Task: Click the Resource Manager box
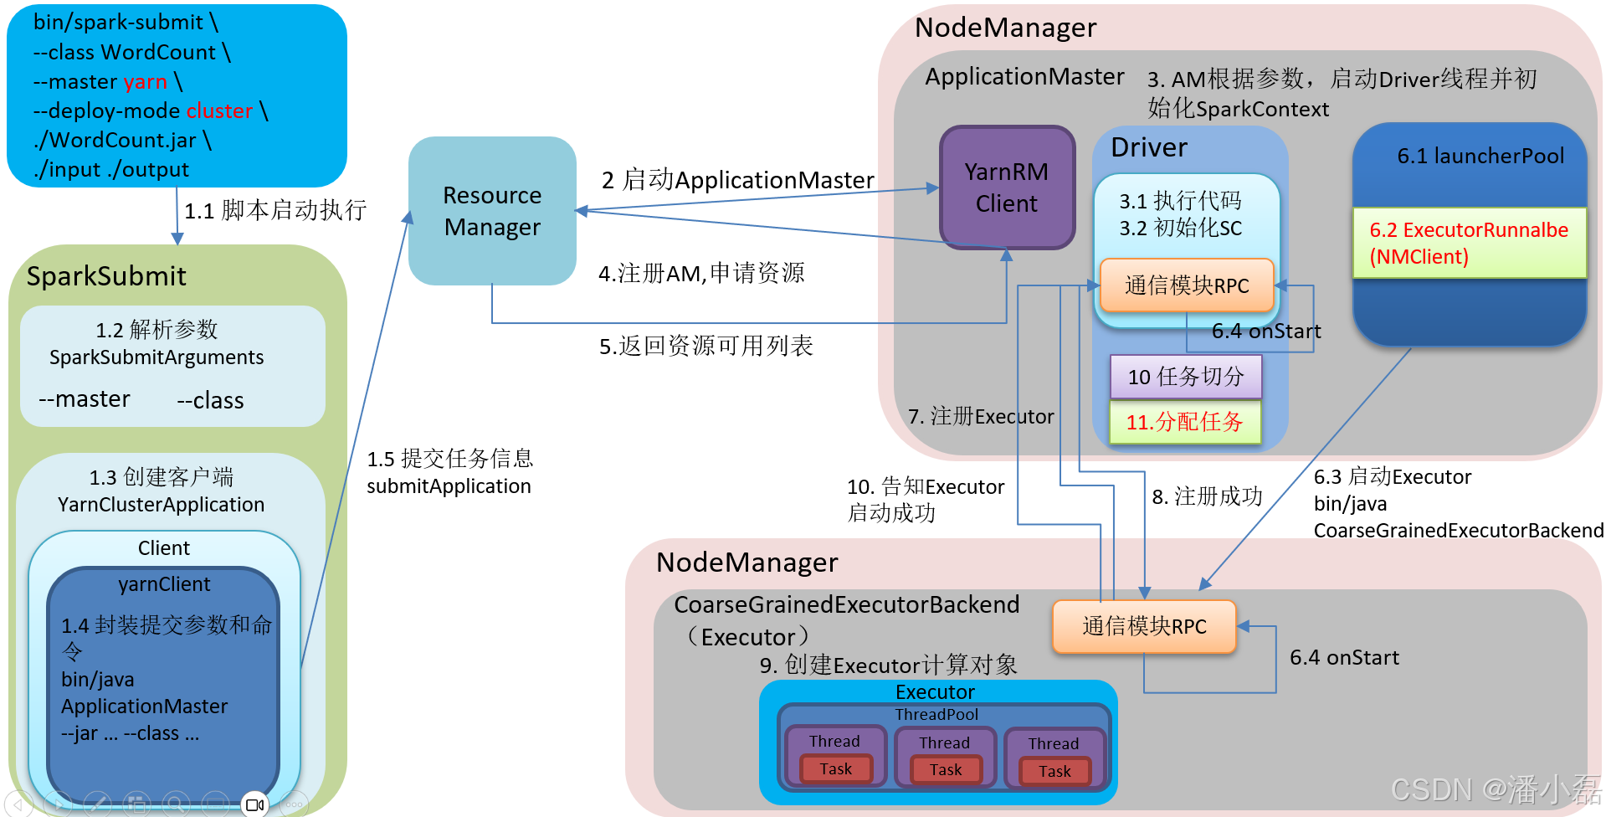[492, 211]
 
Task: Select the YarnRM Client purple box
[1007, 188]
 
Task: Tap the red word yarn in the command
[145, 81]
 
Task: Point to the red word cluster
[219, 110]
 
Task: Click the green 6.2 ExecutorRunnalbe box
[1470, 243]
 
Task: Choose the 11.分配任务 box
[1184, 422]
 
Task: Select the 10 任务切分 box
[1185, 377]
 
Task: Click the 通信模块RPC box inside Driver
[1187, 285]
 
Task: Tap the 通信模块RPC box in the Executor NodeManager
[1144, 626]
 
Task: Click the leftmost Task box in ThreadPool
[835, 768]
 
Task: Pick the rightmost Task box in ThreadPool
[1054, 771]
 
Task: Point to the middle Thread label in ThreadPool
[944, 742]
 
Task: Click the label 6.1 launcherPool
[1480, 156]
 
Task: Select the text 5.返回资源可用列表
[706, 346]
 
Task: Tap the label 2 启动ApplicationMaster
[737, 180]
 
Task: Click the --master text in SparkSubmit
[85, 398]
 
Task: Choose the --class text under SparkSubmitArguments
[210, 400]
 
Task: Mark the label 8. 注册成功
[1207, 496]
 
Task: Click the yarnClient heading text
[164, 584]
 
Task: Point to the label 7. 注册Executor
[981, 416]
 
